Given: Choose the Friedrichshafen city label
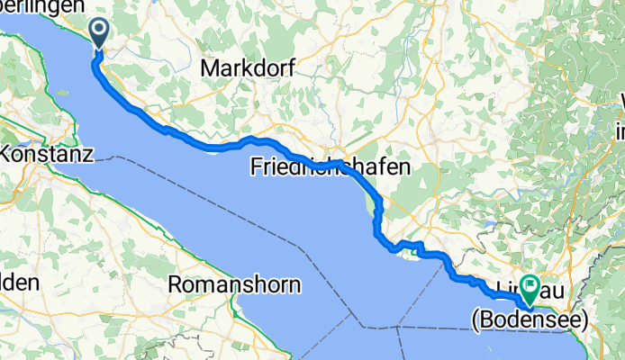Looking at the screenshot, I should [330, 166].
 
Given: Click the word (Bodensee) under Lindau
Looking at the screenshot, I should [530, 319].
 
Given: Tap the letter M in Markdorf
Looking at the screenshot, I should [210, 67].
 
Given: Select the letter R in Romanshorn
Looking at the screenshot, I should [177, 284].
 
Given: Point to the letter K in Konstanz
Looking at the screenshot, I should [7, 154].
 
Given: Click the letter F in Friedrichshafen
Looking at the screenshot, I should [256, 166].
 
